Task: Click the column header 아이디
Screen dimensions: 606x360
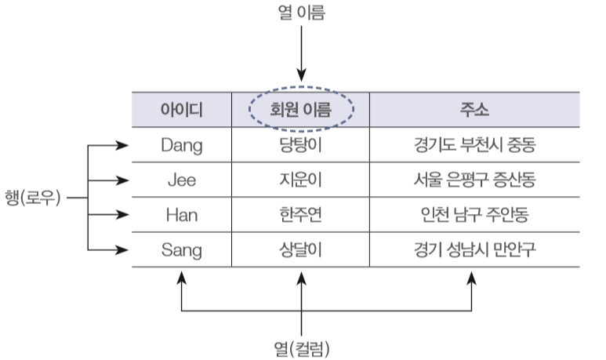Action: pyautogui.click(x=182, y=111)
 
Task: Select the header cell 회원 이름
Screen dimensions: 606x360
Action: pyautogui.click(x=301, y=110)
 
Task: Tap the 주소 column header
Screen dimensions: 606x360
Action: pyautogui.click(x=474, y=110)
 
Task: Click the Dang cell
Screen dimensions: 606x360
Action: pyautogui.click(x=182, y=146)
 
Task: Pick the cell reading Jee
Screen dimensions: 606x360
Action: pyautogui.click(x=182, y=180)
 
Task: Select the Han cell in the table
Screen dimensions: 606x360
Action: pyautogui.click(x=182, y=215)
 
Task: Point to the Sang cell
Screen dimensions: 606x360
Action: pyautogui.click(x=182, y=250)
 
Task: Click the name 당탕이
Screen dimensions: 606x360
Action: pyautogui.click(x=301, y=145)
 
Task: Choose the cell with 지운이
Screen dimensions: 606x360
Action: pyautogui.click(x=301, y=180)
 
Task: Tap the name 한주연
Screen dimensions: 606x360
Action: pyautogui.click(x=301, y=215)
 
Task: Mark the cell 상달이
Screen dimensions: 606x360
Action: pyautogui.click(x=301, y=249)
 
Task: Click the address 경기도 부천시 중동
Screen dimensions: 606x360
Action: pyautogui.click(x=474, y=145)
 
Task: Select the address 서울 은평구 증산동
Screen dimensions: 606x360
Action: pyautogui.click(x=474, y=180)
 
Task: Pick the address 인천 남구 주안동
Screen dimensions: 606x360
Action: pyautogui.click(x=474, y=215)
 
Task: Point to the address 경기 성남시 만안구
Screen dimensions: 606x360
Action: pyautogui.click(x=474, y=249)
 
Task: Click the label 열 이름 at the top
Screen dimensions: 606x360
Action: pyautogui.click(x=302, y=12)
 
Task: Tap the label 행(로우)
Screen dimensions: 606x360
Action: pyautogui.click(x=33, y=198)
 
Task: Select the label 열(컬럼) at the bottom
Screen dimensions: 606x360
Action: pyautogui.click(x=302, y=349)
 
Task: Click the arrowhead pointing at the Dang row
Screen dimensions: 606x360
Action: pyautogui.click(x=122, y=145)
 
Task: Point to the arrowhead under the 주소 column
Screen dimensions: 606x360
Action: pyautogui.click(x=471, y=278)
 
